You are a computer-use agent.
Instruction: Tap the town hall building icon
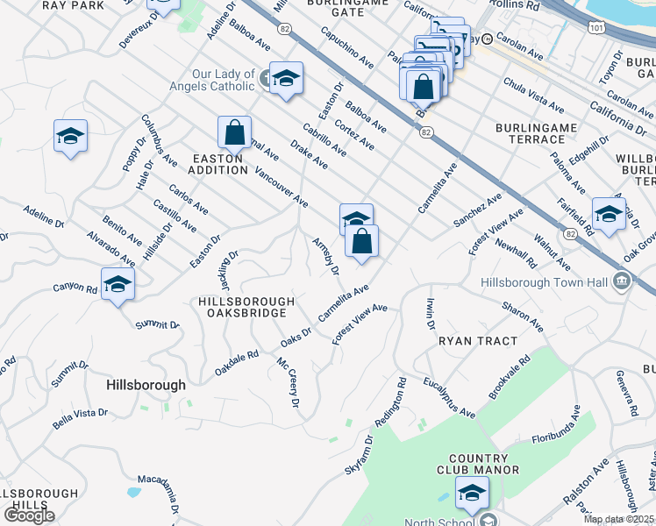622,281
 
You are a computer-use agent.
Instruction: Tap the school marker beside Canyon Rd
118,284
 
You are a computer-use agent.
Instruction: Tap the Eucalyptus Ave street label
448,397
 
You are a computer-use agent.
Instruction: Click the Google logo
29,515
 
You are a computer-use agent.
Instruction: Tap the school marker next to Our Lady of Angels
286,79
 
